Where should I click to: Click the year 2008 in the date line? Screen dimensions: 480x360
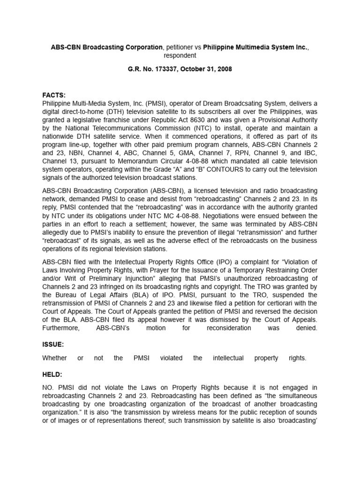222,69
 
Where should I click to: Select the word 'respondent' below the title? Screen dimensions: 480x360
180,55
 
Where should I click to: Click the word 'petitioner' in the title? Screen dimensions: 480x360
180,47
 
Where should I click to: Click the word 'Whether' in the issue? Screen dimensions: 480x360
55,358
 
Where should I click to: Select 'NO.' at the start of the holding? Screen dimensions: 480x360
49,388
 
